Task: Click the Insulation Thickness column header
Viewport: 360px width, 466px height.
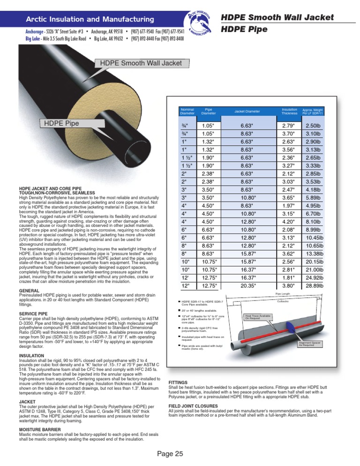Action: pyautogui.click(x=290, y=112)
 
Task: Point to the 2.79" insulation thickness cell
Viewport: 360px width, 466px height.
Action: pyautogui.click(x=288, y=126)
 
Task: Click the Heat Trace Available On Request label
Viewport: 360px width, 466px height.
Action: pyautogui.click(x=257, y=317)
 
